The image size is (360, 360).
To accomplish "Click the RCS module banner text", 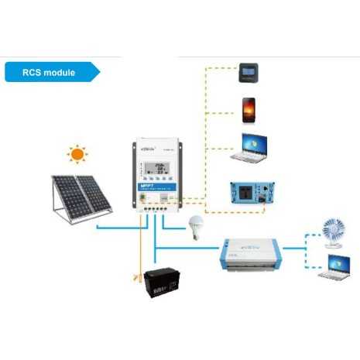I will click(48, 73).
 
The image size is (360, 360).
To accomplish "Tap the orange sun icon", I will click(77, 155).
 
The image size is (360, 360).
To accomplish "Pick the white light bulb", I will click(194, 227).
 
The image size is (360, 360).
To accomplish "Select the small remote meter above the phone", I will click(249, 73).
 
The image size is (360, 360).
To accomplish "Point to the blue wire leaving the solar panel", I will click(116, 227).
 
